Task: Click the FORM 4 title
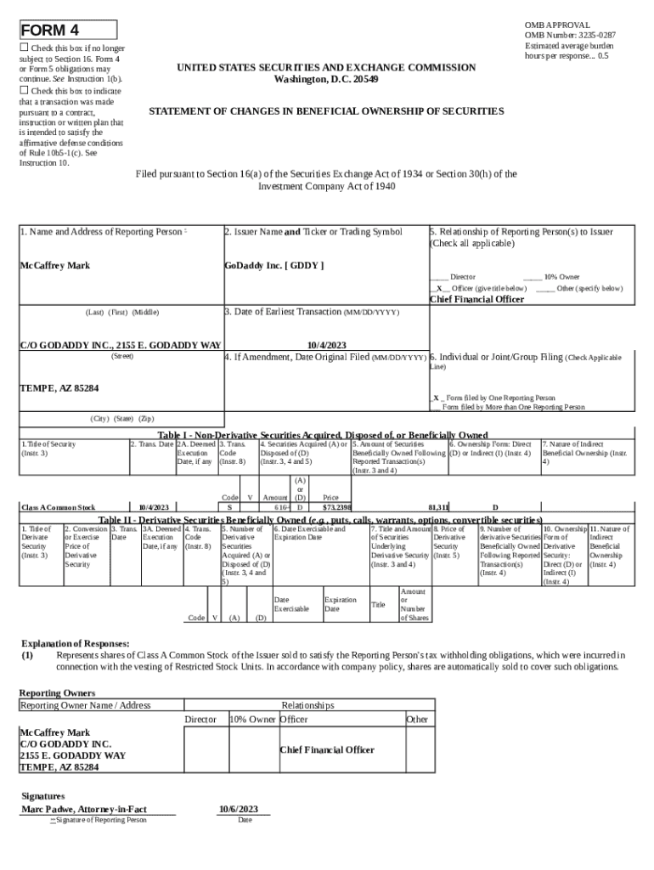click(49, 31)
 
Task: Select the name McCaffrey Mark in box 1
click(54, 266)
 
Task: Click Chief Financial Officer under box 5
click(476, 299)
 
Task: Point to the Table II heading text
click(320, 520)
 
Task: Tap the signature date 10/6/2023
click(238, 809)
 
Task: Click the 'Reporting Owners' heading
click(57, 692)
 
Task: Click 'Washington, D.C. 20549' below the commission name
click(326, 79)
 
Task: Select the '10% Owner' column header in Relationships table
click(252, 720)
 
